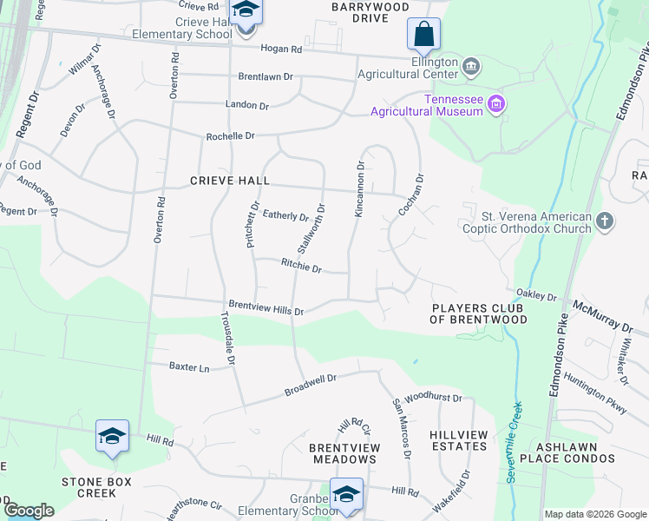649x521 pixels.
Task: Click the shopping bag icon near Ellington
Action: [423, 36]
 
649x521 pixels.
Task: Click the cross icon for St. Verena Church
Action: [606, 222]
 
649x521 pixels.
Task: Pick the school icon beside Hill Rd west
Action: [112, 436]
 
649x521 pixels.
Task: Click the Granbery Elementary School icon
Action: [346, 495]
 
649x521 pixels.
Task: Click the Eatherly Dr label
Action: [285, 214]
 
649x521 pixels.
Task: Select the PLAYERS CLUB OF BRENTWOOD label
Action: [480, 313]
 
